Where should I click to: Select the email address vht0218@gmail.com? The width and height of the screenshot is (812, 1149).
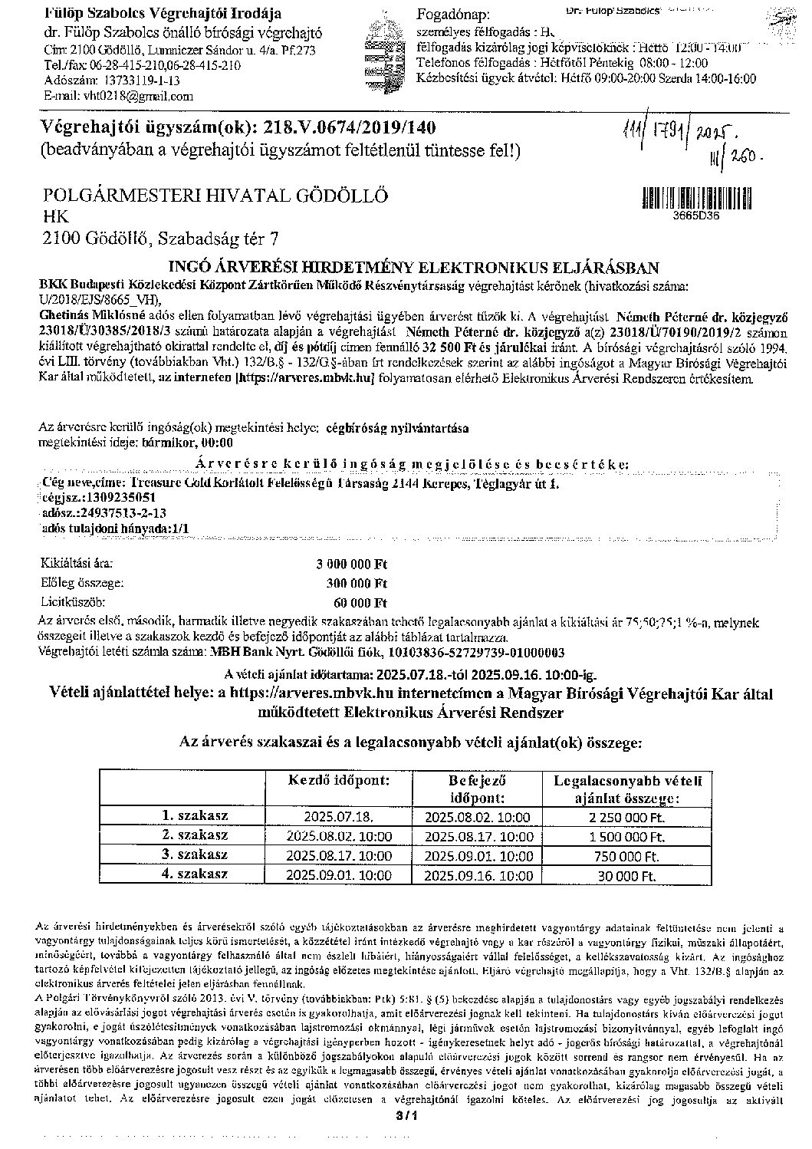click(x=126, y=96)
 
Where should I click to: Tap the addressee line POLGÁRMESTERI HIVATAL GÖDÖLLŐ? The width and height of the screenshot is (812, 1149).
click(x=215, y=195)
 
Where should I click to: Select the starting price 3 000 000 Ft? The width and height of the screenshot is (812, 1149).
click(x=353, y=565)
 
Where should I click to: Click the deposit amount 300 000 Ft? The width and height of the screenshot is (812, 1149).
click(x=357, y=583)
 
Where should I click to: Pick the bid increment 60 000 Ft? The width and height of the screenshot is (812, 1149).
click(x=360, y=601)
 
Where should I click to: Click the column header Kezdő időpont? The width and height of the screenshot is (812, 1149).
click(x=338, y=780)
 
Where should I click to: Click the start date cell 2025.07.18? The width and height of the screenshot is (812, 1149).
click(x=338, y=818)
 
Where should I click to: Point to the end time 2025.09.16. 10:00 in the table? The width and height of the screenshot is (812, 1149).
click(x=478, y=874)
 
